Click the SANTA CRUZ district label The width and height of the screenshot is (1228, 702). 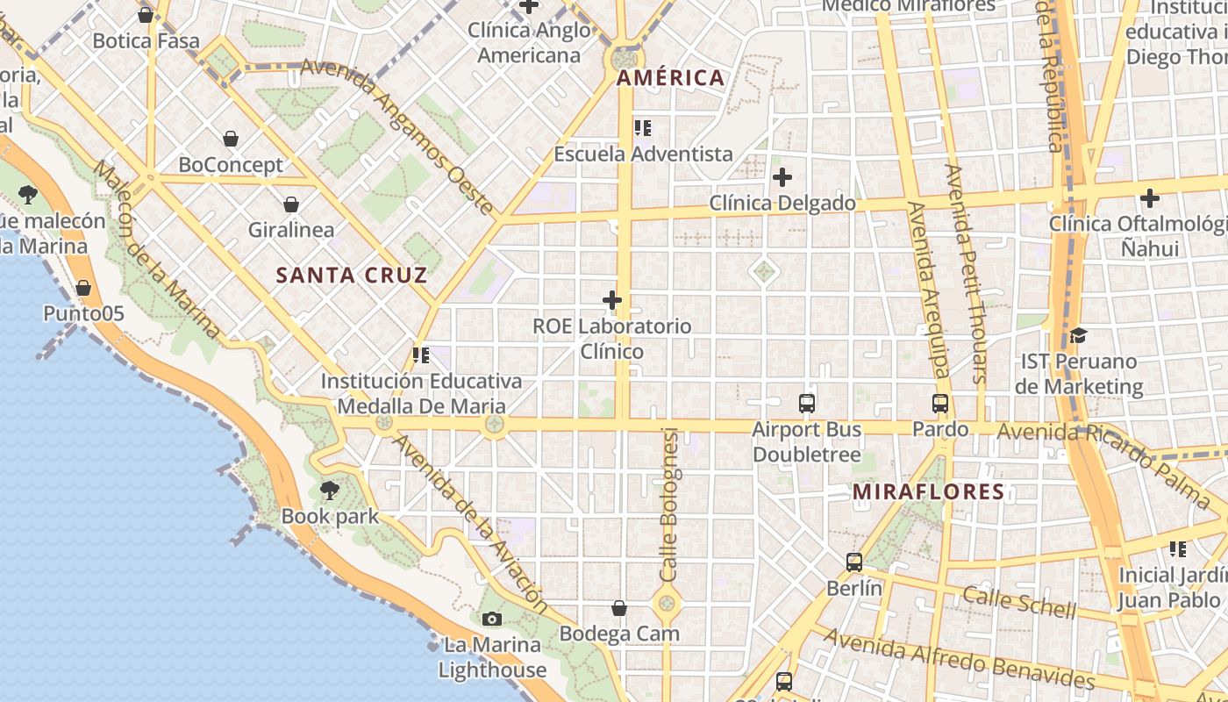coord(352,276)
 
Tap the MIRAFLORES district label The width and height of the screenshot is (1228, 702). coord(928,492)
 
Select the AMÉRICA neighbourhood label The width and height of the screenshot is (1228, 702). coord(670,78)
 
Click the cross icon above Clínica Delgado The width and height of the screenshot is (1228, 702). coord(782,177)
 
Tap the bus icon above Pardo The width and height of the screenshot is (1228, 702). coord(940,404)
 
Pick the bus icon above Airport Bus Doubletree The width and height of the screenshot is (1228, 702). coord(807,404)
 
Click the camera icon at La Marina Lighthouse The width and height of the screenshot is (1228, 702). coord(492,620)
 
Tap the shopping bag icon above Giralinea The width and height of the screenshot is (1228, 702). coord(291,204)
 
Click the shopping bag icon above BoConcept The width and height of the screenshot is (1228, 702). coord(231,139)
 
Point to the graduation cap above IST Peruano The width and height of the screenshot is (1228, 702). coord(1078,335)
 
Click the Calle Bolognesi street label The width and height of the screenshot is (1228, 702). coord(670,505)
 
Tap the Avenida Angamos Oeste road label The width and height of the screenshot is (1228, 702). coord(399,136)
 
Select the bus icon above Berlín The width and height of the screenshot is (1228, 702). coord(853,562)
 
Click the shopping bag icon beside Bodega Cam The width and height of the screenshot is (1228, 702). coord(619,608)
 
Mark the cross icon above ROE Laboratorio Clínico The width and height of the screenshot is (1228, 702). coord(612,301)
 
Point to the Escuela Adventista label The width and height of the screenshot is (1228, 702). coord(643,154)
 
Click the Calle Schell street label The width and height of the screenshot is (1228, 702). coord(1019,602)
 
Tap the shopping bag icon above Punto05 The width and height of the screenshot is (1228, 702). coord(83,288)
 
